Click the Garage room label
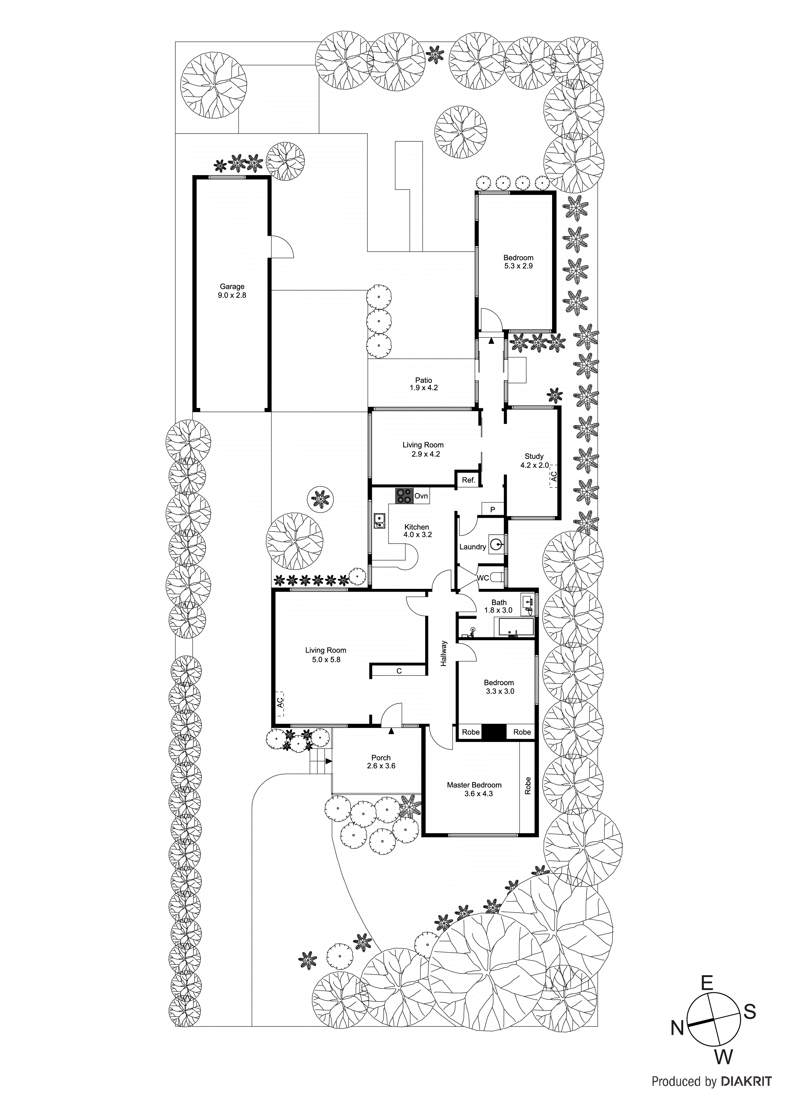(x=232, y=291)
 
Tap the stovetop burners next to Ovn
(x=403, y=496)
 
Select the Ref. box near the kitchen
(x=468, y=480)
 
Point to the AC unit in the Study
(x=553, y=476)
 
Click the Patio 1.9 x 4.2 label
(x=424, y=384)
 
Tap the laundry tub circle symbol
(x=496, y=545)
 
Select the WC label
(x=483, y=578)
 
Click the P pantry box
(x=493, y=510)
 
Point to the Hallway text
(x=444, y=653)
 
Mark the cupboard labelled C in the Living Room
(x=399, y=671)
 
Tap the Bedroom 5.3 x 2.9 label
(x=518, y=262)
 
